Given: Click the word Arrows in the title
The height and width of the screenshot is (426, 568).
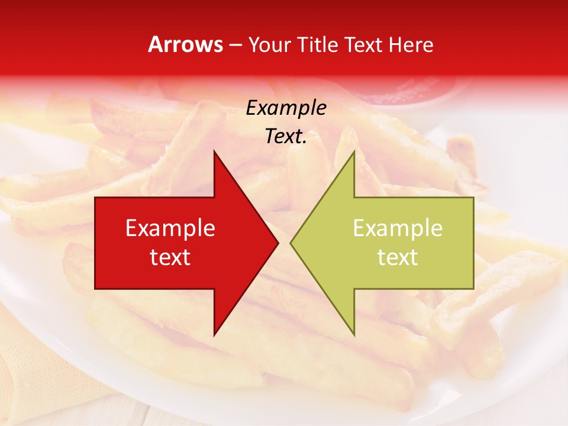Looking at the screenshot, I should (185, 44).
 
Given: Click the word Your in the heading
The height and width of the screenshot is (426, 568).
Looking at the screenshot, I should (270, 45).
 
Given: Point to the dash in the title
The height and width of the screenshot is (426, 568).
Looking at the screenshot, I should (235, 46).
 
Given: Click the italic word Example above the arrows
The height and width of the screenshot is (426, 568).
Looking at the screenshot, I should (286, 108).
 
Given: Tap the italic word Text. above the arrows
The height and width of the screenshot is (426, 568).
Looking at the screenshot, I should (286, 137).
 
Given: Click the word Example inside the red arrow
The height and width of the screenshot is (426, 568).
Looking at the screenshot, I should (170, 228).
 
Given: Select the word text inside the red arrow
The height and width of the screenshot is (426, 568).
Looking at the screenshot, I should (170, 257).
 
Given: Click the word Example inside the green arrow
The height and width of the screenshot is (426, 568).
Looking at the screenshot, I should (398, 228).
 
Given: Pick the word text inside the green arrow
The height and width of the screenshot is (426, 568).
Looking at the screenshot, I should (398, 257).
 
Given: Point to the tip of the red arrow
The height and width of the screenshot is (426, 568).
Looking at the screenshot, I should (277, 243).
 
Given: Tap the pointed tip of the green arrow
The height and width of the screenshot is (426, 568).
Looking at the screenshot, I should (292, 243).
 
